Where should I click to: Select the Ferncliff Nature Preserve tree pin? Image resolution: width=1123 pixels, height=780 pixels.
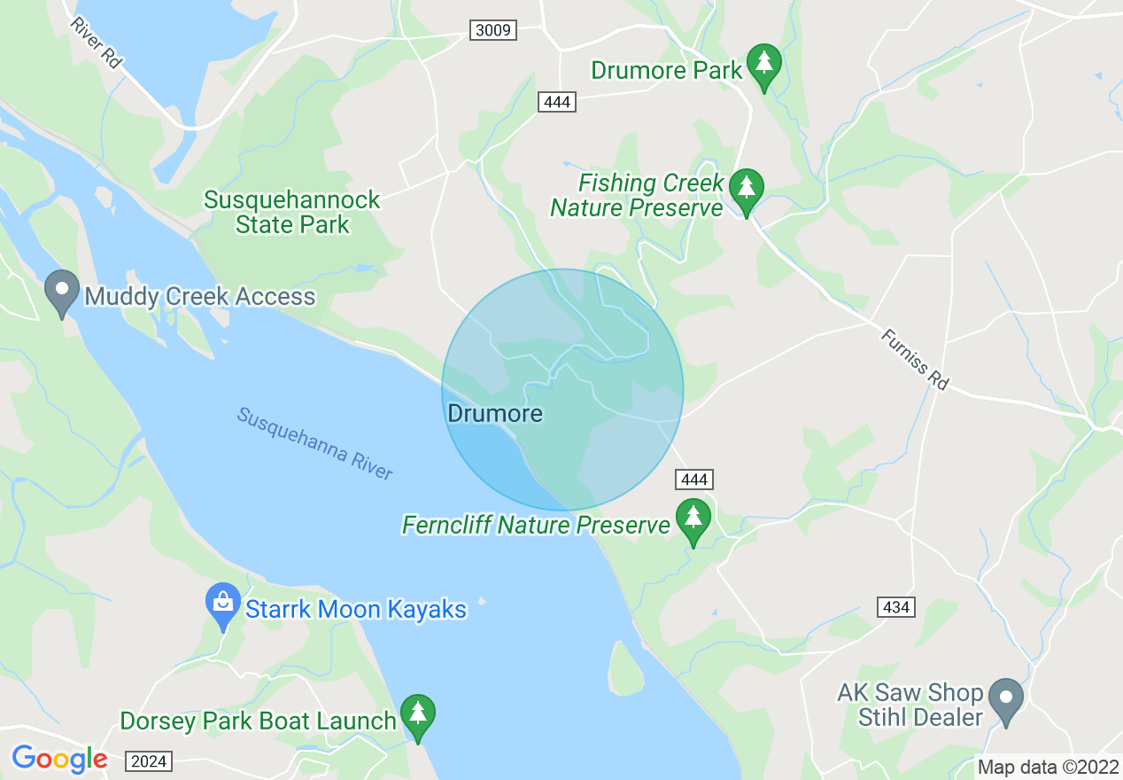coord(693,520)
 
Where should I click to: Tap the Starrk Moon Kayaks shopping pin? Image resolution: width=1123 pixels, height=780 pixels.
coord(223,604)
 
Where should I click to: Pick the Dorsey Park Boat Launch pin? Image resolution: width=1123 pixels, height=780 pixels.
coord(418,715)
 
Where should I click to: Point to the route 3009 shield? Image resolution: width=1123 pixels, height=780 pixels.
coord(492,31)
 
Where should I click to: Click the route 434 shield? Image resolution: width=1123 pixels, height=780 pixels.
coord(897,607)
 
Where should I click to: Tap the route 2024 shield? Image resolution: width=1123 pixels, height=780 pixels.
coord(149,760)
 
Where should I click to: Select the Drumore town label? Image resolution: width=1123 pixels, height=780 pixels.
coord(495,413)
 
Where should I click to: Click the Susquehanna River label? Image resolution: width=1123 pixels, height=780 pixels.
coord(314,443)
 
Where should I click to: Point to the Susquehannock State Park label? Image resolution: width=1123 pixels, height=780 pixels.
coord(292,212)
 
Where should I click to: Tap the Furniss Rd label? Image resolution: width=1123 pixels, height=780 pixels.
coord(915,359)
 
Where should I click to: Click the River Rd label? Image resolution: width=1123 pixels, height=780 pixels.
coord(96,42)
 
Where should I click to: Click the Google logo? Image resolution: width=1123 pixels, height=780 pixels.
coord(59,759)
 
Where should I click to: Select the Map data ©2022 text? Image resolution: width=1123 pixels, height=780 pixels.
coord(1048,767)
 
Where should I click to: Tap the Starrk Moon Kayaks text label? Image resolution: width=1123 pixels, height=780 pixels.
coord(356,609)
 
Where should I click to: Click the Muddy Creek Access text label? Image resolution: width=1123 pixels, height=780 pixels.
coord(199,296)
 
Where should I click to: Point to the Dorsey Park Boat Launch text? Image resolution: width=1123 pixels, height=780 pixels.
coord(258,721)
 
